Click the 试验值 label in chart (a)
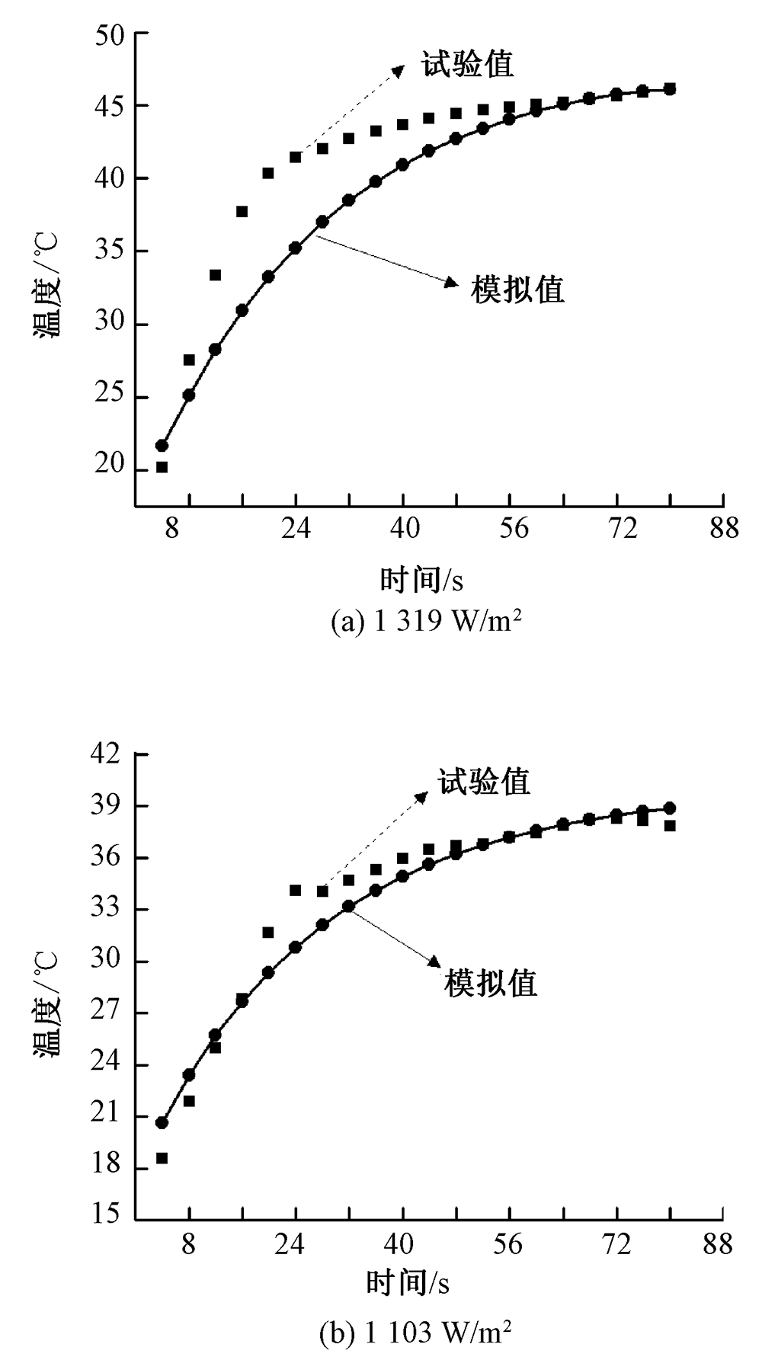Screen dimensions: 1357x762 [468, 64]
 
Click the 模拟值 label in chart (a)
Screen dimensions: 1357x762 [518, 290]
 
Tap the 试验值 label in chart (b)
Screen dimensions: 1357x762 [484, 782]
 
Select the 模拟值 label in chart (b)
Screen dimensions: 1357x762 [491, 983]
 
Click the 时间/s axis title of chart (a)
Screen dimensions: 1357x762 [421, 581]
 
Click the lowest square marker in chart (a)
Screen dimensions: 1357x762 [162, 467]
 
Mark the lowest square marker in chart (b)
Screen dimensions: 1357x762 [162, 1158]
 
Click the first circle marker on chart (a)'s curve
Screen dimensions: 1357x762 [162, 446]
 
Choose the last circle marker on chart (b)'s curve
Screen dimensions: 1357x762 [669, 808]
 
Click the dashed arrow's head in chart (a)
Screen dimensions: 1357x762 [398, 70]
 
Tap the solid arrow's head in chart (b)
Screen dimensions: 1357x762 [436, 962]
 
